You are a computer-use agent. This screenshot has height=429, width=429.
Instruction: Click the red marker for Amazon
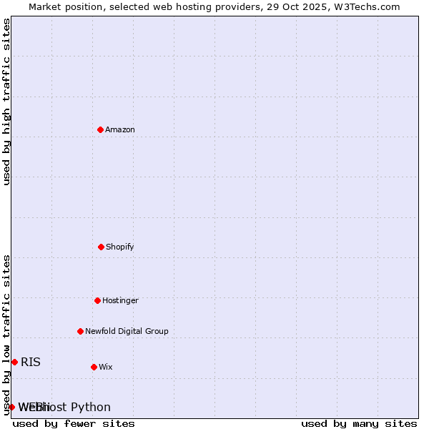point(100,129)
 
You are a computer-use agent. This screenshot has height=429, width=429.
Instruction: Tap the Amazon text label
point(120,129)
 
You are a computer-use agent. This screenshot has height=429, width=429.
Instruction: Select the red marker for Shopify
point(101,247)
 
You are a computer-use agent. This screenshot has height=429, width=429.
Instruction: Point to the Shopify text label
point(120,247)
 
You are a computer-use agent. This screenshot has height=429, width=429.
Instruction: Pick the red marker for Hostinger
point(97,300)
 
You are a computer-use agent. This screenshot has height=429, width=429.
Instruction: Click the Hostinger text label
point(120,300)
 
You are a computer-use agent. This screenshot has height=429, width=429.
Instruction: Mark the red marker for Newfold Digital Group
point(80,331)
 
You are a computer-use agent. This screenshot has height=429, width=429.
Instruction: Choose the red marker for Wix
point(94,367)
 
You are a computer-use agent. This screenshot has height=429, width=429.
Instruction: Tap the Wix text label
point(106,367)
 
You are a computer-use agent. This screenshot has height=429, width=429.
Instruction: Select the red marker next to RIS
point(14,362)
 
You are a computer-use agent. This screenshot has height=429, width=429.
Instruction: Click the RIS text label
point(31,362)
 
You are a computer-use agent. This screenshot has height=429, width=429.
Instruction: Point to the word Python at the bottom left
point(91,408)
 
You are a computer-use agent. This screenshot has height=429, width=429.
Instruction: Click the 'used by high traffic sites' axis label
point(7,102)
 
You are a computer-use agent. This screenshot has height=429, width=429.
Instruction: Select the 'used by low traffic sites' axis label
point(7,334)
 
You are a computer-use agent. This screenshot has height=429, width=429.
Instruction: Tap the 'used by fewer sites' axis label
point(74,423)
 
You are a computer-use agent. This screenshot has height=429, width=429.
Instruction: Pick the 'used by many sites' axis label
point(359,423)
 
